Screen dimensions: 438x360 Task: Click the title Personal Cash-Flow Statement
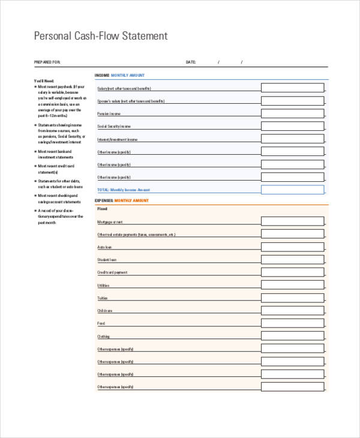point(101,36)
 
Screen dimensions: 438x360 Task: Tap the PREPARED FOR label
point(47,62)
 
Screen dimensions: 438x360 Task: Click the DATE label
point(191,62)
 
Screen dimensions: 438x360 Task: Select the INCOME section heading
point(102,76)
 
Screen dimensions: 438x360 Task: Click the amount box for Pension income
point(292,113)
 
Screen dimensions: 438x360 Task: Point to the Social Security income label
point(114,127)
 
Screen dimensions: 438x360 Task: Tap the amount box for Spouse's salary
point(292,100)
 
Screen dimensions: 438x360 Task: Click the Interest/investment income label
point(118,139)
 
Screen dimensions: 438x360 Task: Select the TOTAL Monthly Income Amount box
point(292,190)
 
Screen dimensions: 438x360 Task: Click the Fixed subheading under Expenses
point(102,209)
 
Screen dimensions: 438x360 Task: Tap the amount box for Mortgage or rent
point(292,221)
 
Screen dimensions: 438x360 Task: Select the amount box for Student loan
point(292,259)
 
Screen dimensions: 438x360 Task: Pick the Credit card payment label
point(113,272)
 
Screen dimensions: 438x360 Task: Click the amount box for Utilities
point(292,285)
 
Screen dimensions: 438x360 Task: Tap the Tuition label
point(103,298)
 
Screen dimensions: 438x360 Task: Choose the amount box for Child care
point(292,310)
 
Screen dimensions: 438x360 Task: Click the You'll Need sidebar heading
point(44,80)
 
